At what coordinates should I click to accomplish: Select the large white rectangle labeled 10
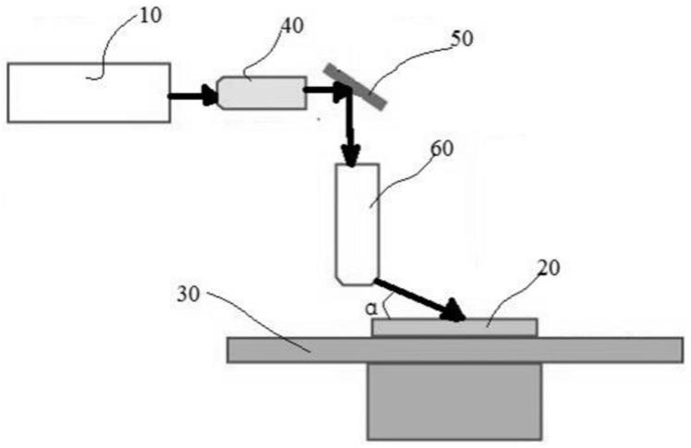89,92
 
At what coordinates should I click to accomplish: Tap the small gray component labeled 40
261,92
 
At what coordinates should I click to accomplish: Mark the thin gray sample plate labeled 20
453,327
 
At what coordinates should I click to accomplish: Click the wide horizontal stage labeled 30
277,349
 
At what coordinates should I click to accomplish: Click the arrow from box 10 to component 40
193,93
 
